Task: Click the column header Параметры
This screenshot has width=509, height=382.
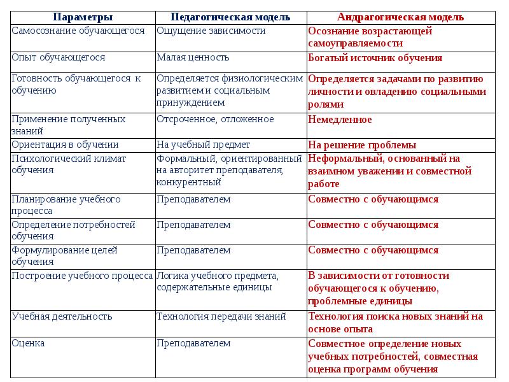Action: (x=83, y=17)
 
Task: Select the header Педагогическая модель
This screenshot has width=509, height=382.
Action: (x=230, y=17)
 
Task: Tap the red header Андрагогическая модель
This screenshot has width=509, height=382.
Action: (x=400, y=17)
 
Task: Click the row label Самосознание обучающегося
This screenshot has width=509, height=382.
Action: (x=78, y=31)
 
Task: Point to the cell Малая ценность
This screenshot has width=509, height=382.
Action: (x=193, y=57)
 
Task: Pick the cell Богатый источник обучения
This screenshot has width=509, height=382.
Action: (x=375, y=58)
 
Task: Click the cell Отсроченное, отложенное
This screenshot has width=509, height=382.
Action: (x=215, y=119)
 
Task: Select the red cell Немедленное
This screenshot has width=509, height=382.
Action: (x=340, y=119)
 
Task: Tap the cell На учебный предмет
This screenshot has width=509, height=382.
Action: (x=204, y=145)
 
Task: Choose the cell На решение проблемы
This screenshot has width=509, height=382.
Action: (x=362, y=145)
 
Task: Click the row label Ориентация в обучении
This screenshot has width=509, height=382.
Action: (x=65, y=145)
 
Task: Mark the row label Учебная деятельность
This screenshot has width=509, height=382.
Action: (x=62, y=316)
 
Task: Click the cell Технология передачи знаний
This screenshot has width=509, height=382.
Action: (x=221, y=316)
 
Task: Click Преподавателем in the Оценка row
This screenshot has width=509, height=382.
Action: (x=193, y=343)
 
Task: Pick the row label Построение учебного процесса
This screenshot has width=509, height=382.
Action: (x=82, y=276)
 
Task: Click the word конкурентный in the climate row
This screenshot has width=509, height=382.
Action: (x=189, y=182)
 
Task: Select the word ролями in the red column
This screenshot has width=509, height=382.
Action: (x=326, y=104)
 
